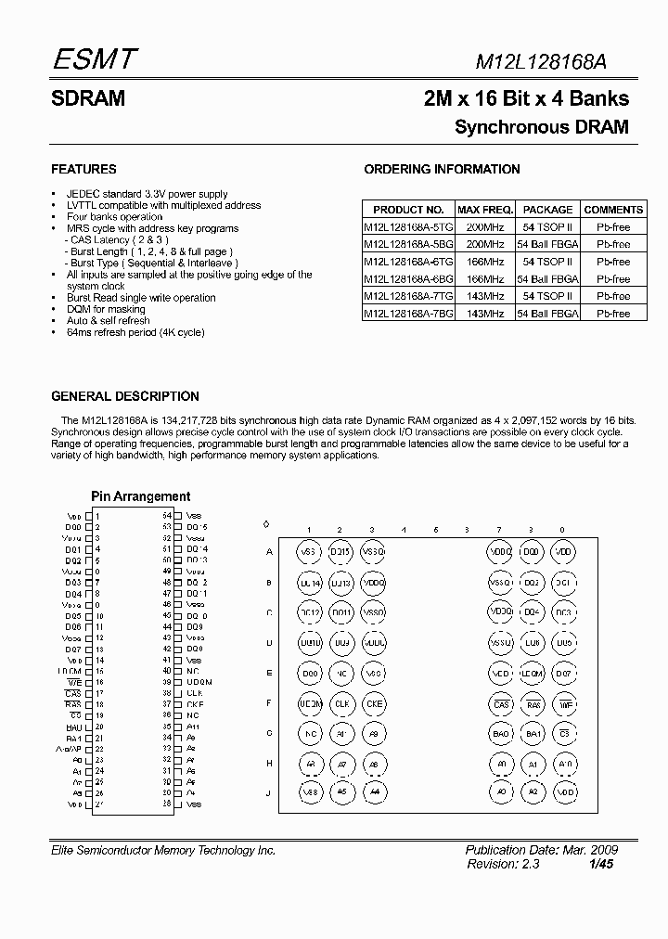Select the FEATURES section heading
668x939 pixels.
coord(83,170)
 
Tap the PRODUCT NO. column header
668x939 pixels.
coord(407,210)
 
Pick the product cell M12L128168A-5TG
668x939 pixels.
coord(407,226)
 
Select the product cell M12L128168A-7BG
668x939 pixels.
coord(407,314)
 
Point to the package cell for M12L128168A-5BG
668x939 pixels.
coord(547,244)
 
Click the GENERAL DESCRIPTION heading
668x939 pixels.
coord(125,396)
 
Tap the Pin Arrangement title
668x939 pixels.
coord(140,496)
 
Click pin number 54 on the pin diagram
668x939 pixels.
coord(167,515)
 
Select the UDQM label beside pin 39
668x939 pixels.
coord(199,682)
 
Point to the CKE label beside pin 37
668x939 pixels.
coord(195,704)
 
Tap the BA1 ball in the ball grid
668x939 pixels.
coord(532,734)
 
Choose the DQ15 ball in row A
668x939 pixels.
coord(340,552)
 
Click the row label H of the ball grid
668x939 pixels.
coord(269,764)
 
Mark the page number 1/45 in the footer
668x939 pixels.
coord(600,863)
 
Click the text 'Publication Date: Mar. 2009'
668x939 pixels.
coord(541,850)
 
